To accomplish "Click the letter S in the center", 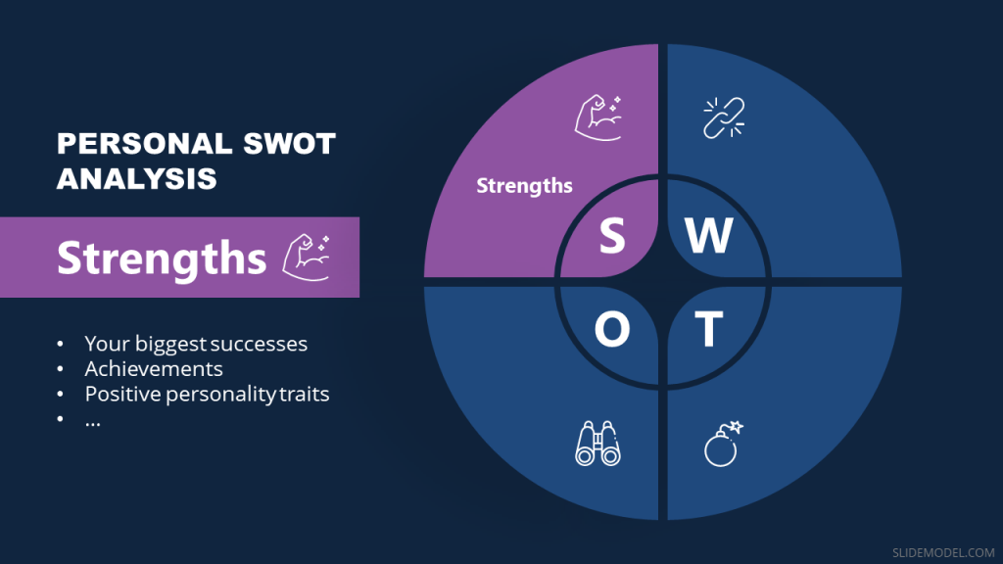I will [612, 235].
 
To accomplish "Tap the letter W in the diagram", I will [708, 235].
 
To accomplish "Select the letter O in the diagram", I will [612, 331].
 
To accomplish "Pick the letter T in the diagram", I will [709, 331].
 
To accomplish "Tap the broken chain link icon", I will [724, 117].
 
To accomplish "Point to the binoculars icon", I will [597, 444].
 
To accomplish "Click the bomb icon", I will [724, 444].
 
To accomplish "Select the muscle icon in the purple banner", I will [307, 257].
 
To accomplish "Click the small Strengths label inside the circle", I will [524, 185].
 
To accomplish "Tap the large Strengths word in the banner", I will [162, 258].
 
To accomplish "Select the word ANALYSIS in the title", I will [136, 179].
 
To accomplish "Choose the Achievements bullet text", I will [154, 369].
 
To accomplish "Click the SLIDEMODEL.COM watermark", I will [942, 551].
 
